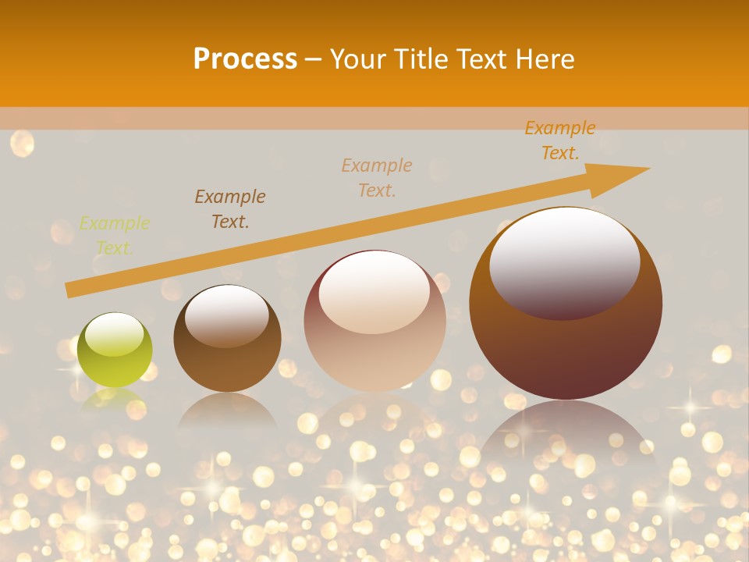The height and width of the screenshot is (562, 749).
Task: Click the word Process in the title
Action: [x=245, y=59]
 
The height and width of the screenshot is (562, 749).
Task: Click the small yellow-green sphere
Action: [x=115, y=350]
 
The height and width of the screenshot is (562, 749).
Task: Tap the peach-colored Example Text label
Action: [x=377, y=177]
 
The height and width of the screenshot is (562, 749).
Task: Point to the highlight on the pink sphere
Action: [x=374, y=291]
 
